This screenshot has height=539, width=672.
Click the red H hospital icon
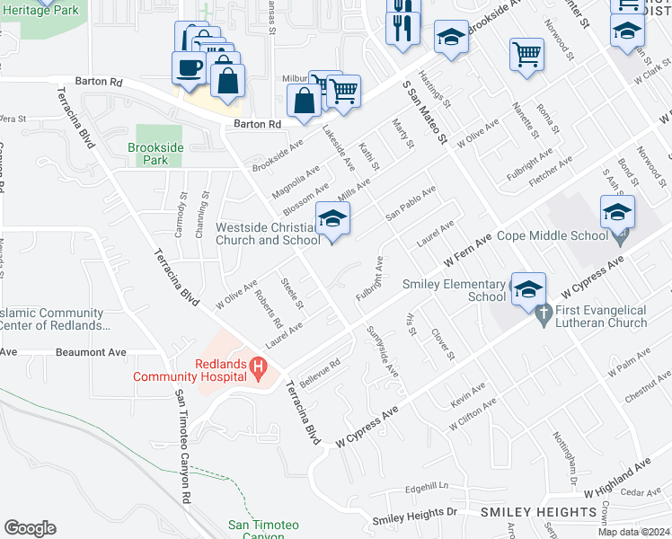pos(259,367)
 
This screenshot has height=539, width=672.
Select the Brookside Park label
pos(148,154)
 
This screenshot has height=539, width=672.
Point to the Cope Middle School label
pos(552,236)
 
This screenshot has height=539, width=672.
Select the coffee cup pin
pos(190,67)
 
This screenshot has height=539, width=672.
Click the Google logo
pos(30,528)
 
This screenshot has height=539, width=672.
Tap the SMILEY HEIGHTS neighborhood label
pos(538,512)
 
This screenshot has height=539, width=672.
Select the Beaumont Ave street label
pos(92,353)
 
